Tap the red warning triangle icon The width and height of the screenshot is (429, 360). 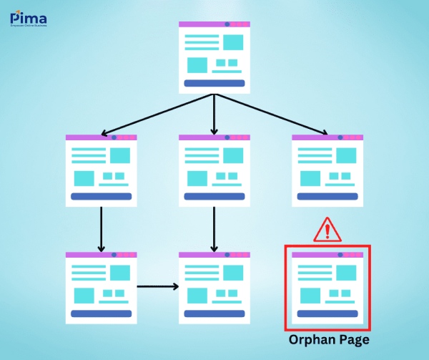point(328,230)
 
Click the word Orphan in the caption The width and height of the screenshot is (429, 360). point(311,339)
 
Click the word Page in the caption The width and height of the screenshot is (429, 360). point(354,339)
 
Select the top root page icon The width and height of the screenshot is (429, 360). point(214,57)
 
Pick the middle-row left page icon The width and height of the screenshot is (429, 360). point(101,170)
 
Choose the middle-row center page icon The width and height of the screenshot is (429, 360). point(214,170)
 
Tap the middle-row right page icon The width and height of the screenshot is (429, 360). point(328,170)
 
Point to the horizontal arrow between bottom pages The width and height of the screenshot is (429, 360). point(157,287)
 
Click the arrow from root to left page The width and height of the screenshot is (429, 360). point(157,115)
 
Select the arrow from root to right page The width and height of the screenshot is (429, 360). point(272,115)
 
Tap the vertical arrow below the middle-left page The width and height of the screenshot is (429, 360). point(101,229)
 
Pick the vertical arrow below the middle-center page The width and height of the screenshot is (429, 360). point(214,229)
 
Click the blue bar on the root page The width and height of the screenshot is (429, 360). point(214,84)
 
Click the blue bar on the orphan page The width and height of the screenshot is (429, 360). point(328,313)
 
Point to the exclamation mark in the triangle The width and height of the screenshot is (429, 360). point(328,231)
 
